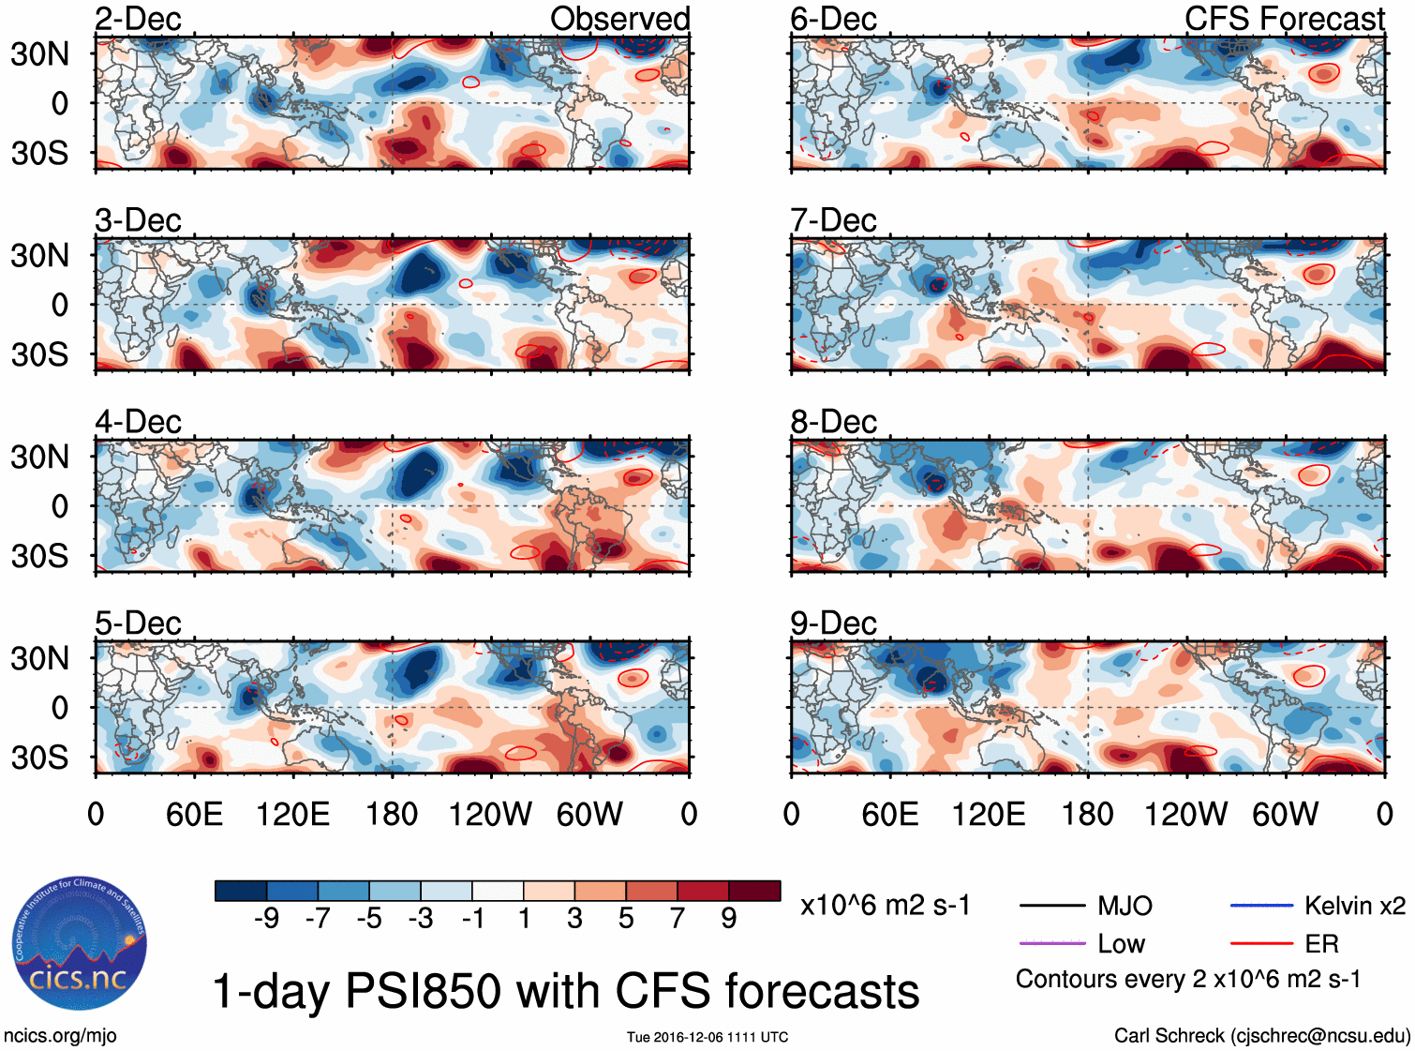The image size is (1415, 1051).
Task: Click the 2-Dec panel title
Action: pos(138,19)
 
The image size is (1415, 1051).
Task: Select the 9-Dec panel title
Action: pos(833,623)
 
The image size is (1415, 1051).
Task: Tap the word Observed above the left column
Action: pos(619,19)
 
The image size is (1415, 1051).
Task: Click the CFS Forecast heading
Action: pos(1284,19)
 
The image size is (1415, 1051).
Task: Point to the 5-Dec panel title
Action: pos(138,623)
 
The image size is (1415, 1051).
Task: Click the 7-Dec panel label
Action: pos(833,220)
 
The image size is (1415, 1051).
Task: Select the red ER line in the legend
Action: pos(1261,943)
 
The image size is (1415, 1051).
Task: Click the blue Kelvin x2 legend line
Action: pos(1261,906)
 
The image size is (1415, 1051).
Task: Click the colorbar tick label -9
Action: pos(266,919)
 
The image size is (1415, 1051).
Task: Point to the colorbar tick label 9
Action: pos(729,919)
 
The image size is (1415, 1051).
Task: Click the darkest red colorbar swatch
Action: pos(754,891)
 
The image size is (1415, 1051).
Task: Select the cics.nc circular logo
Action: pos(80,944)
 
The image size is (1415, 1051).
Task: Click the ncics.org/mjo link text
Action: pos(60,1036)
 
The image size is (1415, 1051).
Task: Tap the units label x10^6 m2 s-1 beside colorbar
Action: pos(885,906)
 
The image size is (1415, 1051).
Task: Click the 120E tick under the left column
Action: pos(292,814)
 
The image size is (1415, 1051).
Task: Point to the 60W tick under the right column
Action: pos(1285,814)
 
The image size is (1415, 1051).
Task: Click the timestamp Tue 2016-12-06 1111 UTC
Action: pos(707,1037)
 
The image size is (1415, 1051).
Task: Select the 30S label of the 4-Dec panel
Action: pos(39,556)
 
